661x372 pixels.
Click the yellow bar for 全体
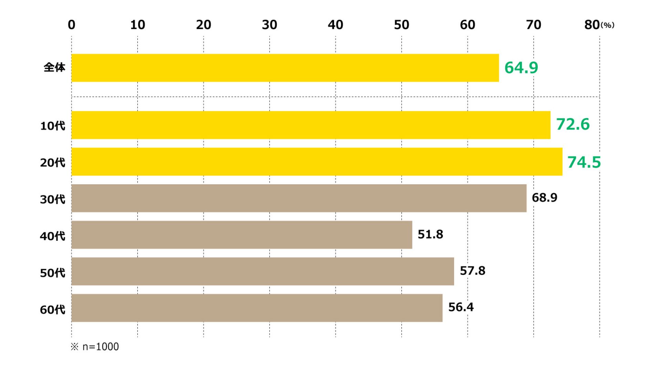pyautogui.click(x=285, y=68)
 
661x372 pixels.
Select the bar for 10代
pyautogui.click(x=311, y=125)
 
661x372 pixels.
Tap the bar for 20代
pyautogui.click(x=317, y=162)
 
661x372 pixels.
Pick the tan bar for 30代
pyautogui.click(x=299, y=198)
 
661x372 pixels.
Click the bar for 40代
pyautogui.click(x=242, y=235)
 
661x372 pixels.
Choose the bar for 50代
pyautogui.click(x=263, y=271)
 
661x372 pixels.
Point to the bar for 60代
pyautogui.click(x=257, y=308)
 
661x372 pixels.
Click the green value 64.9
pyautogui.click(x=521, y=68)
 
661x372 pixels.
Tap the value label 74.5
pyautogui.click(x=584, y=162)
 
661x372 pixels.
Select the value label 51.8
pyautogui.click(x=430, y=234)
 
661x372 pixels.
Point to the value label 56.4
pyautogui.click(x=461, y=307)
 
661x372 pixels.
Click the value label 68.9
pyautogui.click(x=544, y=197)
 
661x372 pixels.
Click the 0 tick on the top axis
pyautogui.click(x=72, y=25)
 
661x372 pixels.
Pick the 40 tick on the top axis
pyautogui.click(x=335, y=25)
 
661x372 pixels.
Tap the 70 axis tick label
pyautogui.click(x=534, y=25)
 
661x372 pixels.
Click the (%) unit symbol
pyautogui.click(x=607, y=25)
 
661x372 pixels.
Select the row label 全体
pyautogui.click(x=54, y=67)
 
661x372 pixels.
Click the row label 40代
pyautogui.click(x=52, y=236)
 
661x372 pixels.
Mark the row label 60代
pyautogui.click(x=52, y=309)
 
